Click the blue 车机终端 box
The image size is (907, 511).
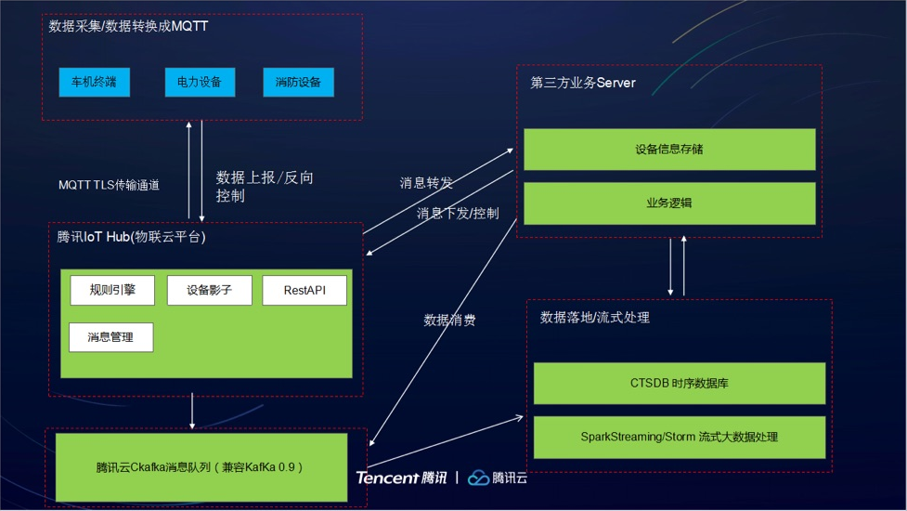tap(94, 82)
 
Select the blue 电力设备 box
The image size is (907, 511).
tap(200, 82)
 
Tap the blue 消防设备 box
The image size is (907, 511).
tap(298, 82)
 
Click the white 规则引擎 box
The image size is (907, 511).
tap(112, 290)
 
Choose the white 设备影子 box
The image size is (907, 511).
tap(209, 290)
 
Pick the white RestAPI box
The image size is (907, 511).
tap(304, 290)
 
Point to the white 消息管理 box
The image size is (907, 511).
tap(110, 337)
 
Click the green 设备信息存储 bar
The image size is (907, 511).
tap(669, 150)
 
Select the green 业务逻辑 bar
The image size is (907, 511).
tap(669, 203)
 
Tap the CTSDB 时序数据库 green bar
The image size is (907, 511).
tap(679, 383)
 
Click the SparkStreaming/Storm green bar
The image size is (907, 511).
tap(679, 437)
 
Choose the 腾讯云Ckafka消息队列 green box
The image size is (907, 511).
tap(201, 467)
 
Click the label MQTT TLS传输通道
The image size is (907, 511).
tap(109, 185)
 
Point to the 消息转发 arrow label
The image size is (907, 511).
tap(426, 183)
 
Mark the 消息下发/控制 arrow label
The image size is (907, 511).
tap(458, 213)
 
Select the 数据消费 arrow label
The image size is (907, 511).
tap(450, 320)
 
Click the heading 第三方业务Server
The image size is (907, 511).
tap(583, 83)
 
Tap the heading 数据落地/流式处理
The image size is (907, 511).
tap(595, 318)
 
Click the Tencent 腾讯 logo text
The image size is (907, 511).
tap(401, 478)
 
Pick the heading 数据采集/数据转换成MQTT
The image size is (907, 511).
tap(128, 26)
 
